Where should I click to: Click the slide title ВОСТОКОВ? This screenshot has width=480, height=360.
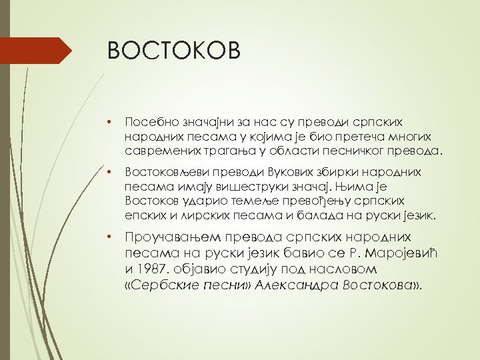173,51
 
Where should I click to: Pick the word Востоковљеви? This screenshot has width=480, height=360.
161,172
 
